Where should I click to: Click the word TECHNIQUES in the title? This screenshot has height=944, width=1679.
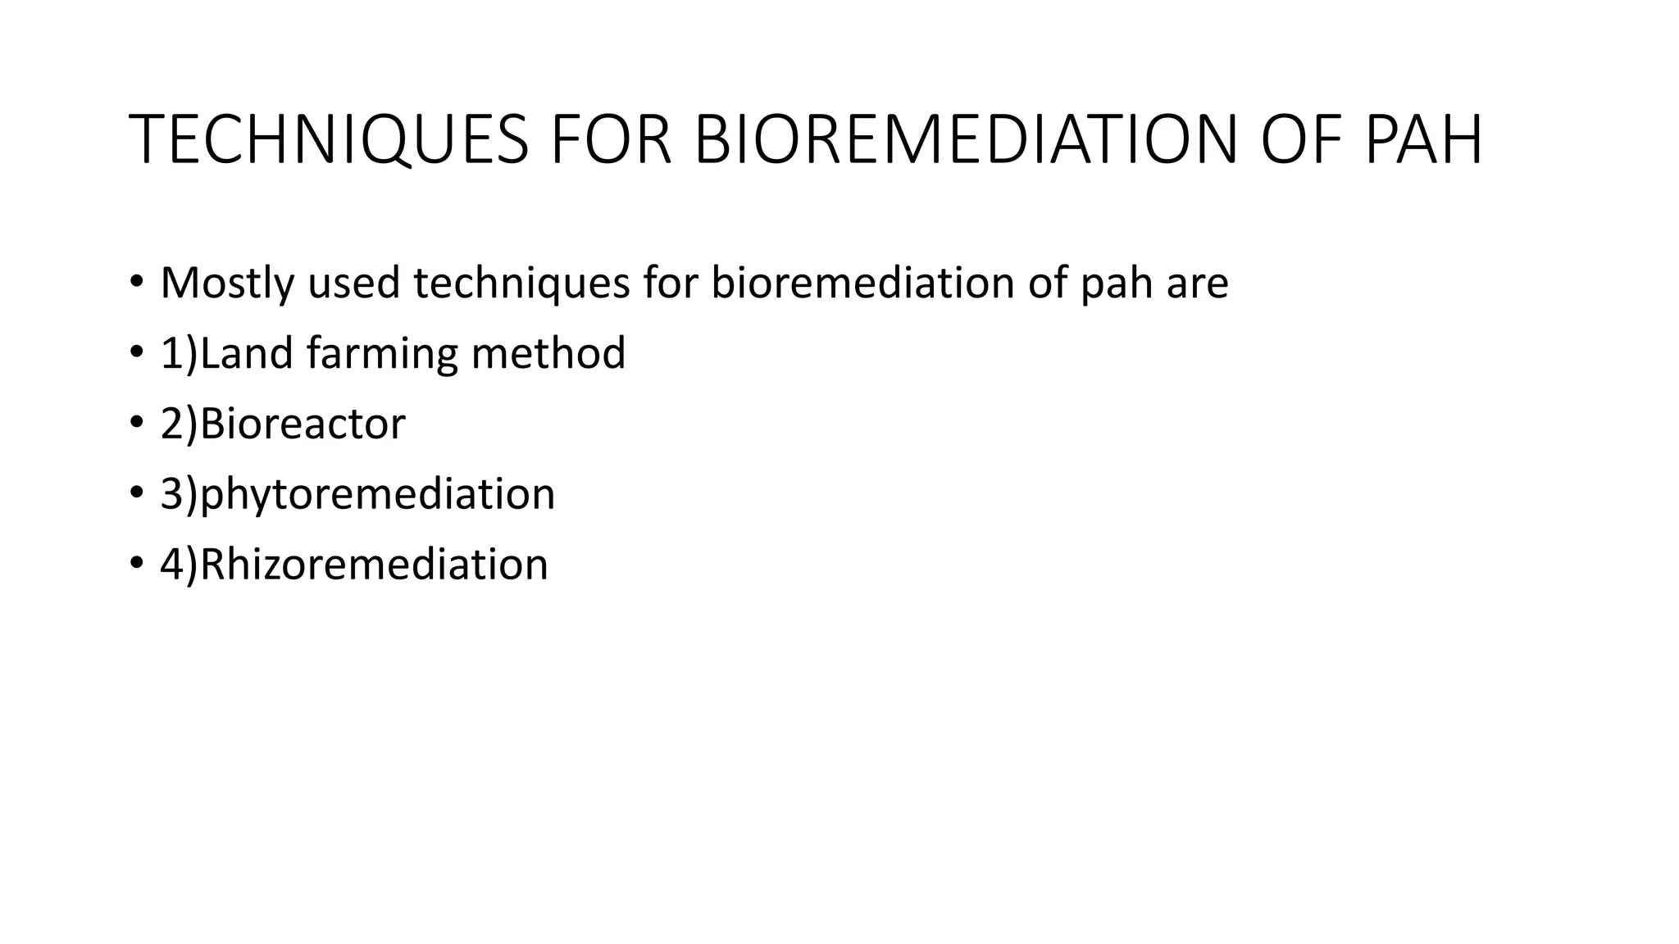[329, 140]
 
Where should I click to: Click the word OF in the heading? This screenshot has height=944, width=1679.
[1301, 140]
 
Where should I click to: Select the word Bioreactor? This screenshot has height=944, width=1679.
[303, 424]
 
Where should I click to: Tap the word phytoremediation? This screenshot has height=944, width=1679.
[378, 495]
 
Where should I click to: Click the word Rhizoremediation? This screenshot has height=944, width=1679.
[374, 565]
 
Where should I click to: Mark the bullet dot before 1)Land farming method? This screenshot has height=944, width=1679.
[136, 354]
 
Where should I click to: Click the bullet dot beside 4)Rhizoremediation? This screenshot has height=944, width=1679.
[136, 565]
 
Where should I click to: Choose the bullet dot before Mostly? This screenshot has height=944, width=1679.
[136, 284]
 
